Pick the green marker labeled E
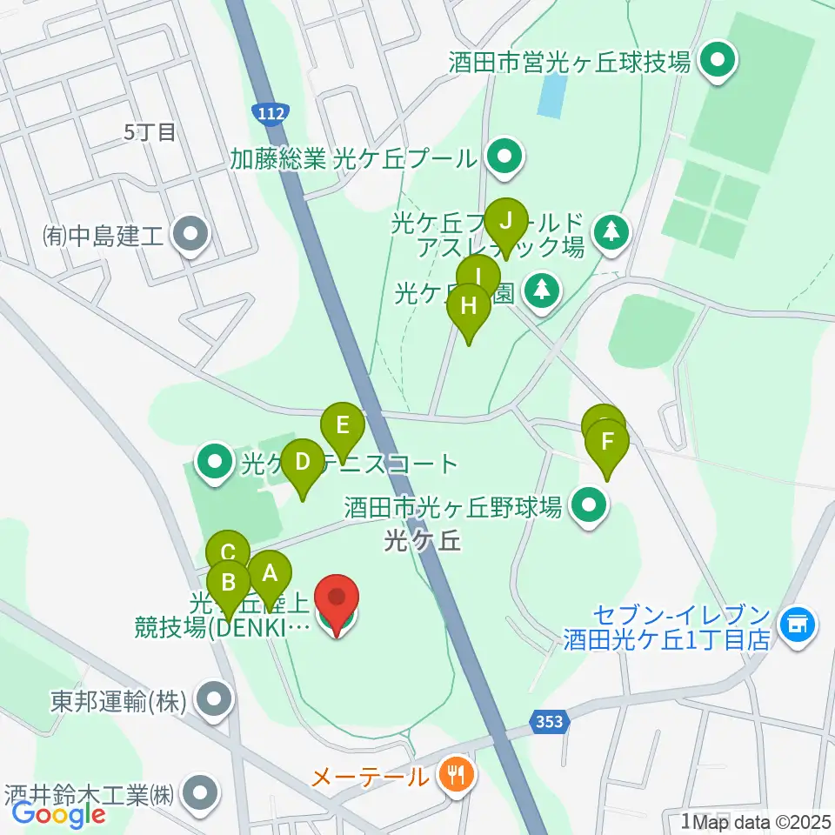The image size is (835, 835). click(x=342, y=427)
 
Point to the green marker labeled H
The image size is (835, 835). click(x=469, y=308)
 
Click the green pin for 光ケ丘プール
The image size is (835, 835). click(x=502, y=157)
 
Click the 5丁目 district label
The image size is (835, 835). click(x=150, y=132)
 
